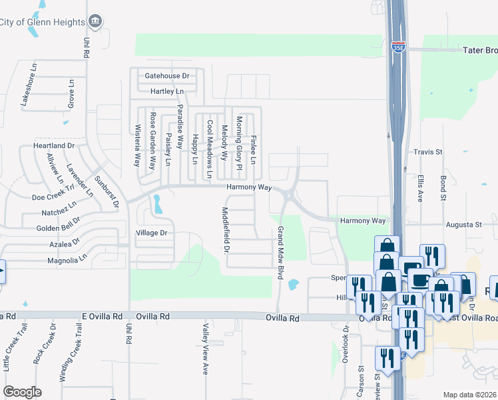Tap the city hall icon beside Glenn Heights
point(95,21)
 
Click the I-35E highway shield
point(397,47)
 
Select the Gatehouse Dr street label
point(166,76)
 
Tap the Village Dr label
point(151,233)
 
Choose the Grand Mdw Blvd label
point(280,253)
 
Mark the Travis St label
point(428,152)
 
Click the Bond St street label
point(443,188)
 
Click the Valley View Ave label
point(206,348)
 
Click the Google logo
point(22,392)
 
